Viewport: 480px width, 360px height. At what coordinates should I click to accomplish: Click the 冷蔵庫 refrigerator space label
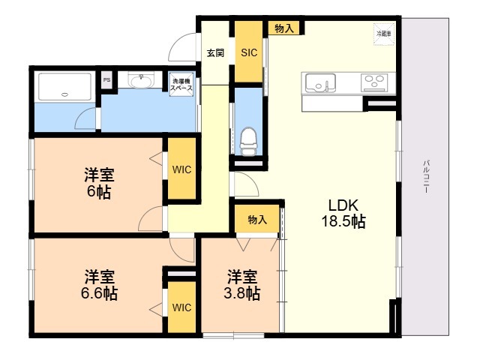383,34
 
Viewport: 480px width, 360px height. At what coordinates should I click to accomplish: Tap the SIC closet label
248,52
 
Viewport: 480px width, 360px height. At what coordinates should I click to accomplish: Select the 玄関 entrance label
215,52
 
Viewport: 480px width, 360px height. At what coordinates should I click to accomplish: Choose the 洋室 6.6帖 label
100,283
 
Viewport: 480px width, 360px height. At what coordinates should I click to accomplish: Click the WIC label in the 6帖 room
182,169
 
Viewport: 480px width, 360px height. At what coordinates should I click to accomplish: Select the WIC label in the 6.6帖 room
181,307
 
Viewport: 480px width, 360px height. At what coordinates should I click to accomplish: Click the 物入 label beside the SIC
284,28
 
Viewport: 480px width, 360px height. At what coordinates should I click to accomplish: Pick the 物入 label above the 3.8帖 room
257,220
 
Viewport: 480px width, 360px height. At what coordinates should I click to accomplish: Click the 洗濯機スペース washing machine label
182,84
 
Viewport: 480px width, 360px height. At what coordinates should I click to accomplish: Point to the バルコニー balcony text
425,177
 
